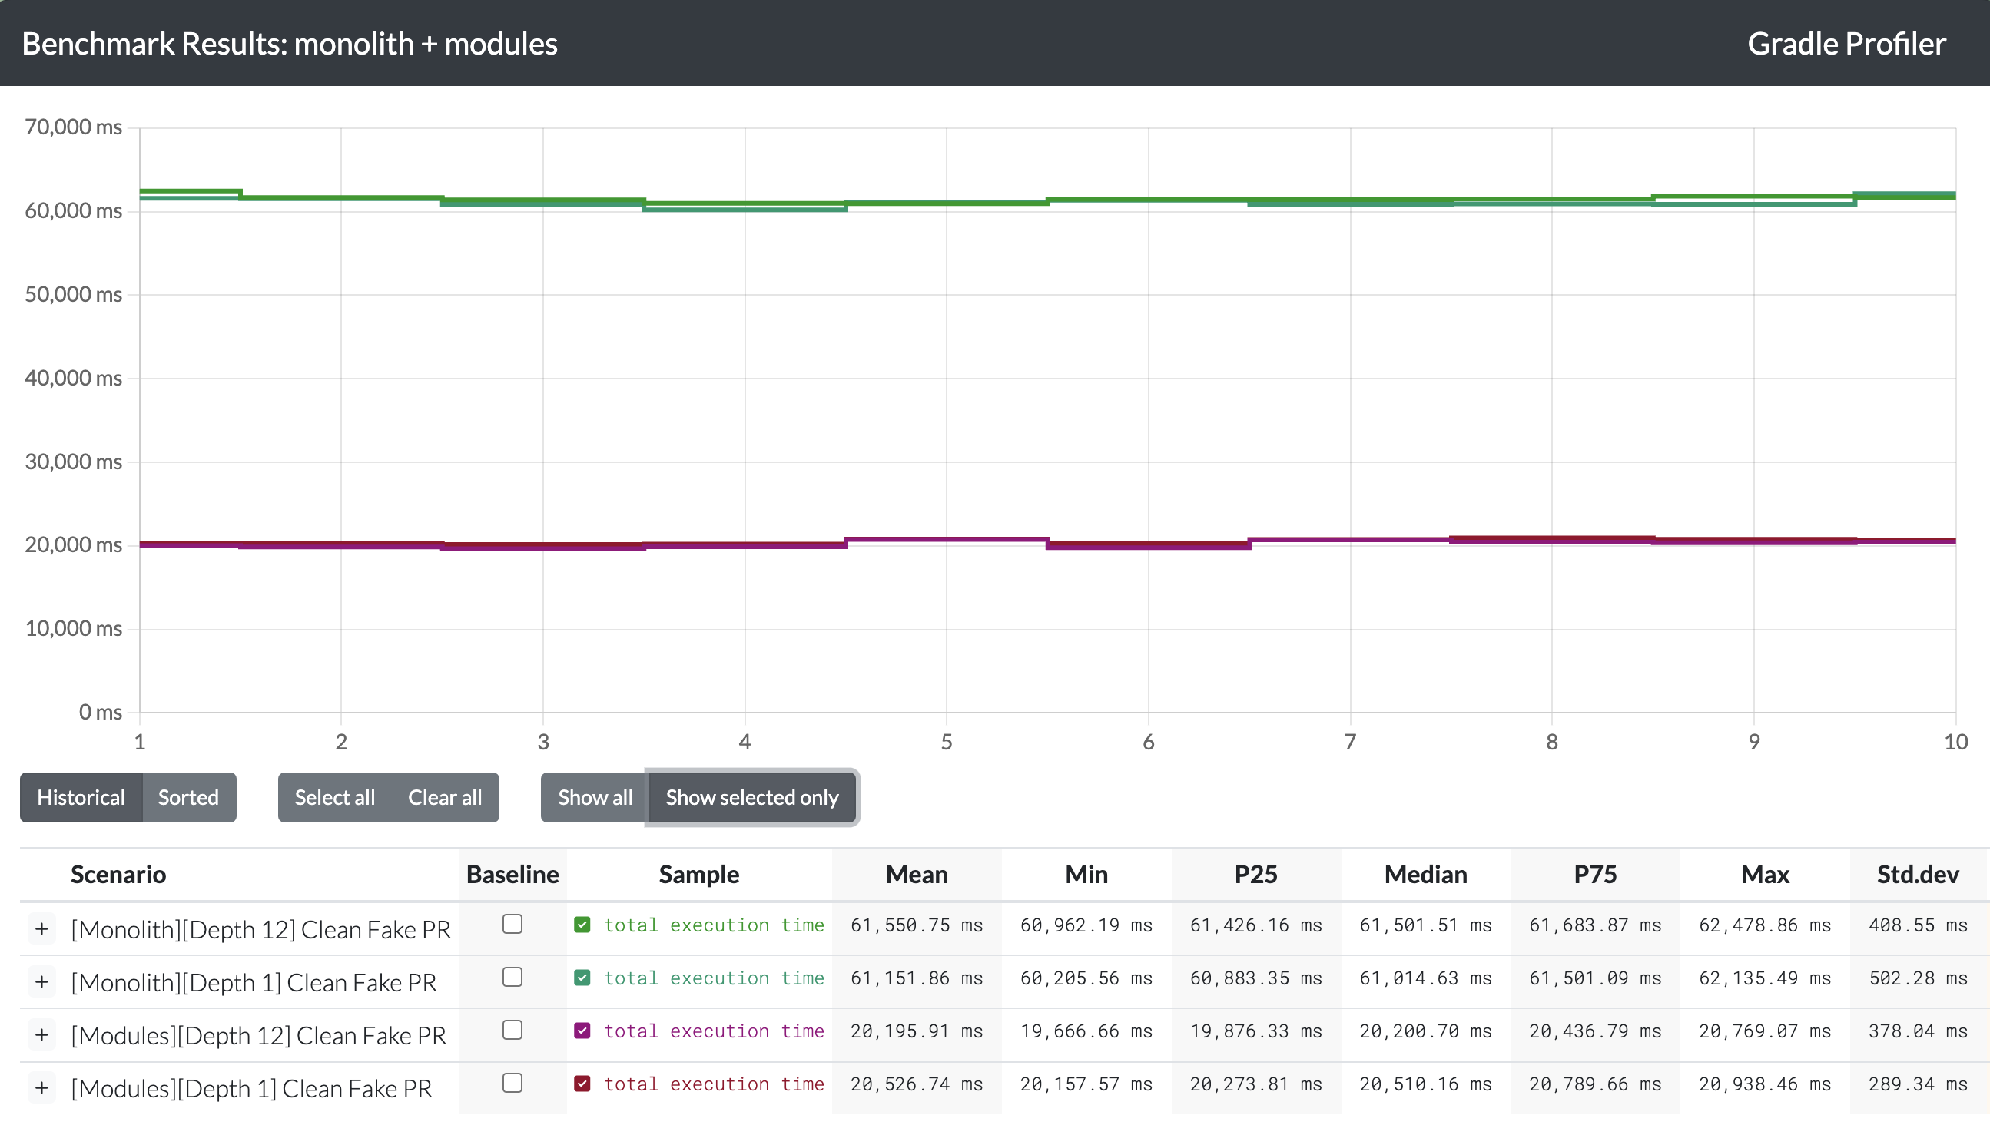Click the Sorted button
(188, 797)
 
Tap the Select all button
(334, 797)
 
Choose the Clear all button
(444, 797)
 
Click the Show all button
(595, 797)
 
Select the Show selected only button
(751, 797)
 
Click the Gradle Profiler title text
(1846, 44)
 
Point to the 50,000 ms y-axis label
(73, 295)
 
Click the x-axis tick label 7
(1350, 741)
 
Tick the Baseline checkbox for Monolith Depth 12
(512, 924)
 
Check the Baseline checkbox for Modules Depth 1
(512, 1083)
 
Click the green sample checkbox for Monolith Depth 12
(582, 925)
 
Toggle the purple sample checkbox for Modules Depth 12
(582, 1031)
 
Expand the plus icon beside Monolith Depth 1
(42, 982)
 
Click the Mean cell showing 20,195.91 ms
(916, 1031)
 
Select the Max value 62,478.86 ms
(1765, 925)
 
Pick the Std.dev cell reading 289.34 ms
(1918, 1084)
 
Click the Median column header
(1425, 875)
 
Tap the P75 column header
(1594, 875)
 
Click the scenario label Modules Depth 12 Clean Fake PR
(258, 1036)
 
